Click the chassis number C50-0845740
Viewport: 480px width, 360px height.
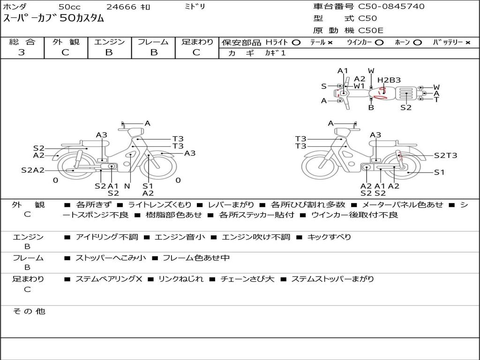pos(391,7)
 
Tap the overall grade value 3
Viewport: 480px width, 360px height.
pos(22,52)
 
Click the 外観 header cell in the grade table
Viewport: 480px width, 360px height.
pos(66,42)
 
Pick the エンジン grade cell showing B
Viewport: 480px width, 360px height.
pos(109,52)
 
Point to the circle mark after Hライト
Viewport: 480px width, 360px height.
pos(296,43)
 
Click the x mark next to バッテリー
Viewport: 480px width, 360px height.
pos(468,43)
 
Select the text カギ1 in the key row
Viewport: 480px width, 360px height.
pos(275,53)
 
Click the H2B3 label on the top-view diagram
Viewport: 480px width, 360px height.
pos(389,80)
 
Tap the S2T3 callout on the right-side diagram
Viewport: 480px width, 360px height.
pos(445,156)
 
